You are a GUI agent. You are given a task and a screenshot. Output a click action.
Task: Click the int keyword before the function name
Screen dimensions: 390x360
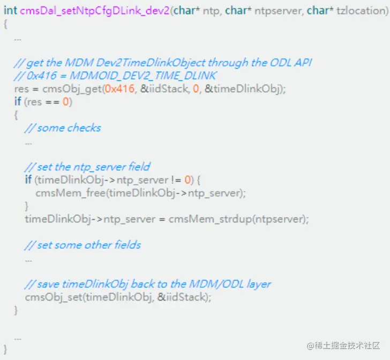10,11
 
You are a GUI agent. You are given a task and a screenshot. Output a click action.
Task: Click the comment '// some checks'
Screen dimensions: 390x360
63,128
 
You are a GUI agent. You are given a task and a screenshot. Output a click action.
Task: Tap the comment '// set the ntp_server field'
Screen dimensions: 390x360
87,167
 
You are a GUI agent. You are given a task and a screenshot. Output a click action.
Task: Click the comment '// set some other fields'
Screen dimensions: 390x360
83,245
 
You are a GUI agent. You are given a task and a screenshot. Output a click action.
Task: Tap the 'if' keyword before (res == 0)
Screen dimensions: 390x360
18,102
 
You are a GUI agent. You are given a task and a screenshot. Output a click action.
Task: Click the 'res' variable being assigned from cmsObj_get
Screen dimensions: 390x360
21,89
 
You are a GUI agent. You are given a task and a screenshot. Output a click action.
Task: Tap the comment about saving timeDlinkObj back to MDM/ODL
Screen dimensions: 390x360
148,283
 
